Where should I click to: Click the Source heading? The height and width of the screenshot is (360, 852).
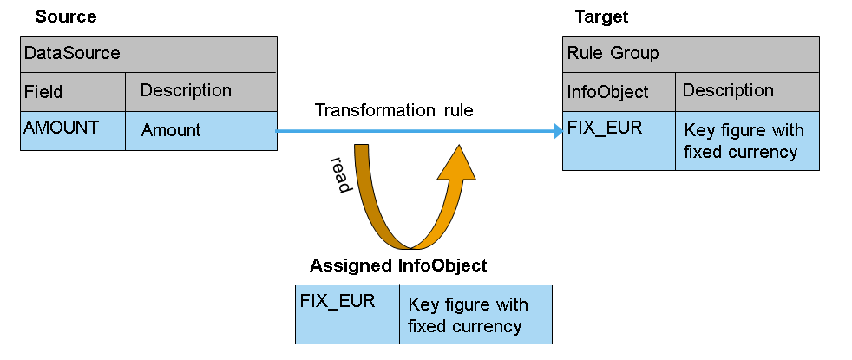pyautogui.click(x=66, y=16)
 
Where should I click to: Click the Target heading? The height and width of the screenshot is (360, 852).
pyautogui.click(x=601, y=16)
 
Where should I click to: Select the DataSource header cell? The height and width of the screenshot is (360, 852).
pyautogui.click(x=148, y=54)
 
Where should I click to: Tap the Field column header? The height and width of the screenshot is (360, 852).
pyautogui.click(x=73, y=91)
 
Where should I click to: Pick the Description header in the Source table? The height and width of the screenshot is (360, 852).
pyautogui.click(x=201, y=91)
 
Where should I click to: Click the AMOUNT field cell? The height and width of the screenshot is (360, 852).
pyautogui.click(x=73, y=130)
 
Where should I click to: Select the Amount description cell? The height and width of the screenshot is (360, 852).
pyautogui.click(x=201, y=130)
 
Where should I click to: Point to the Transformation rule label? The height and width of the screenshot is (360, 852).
pyautogui.click(x=394, y=110)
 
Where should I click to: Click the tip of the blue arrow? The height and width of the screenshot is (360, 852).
pyautogui.click(x=560, y=131)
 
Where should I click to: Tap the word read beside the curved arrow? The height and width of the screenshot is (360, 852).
pyautogui.click(x=338, y=174)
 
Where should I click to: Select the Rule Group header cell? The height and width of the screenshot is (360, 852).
pyautogui.click(x=691, y=54)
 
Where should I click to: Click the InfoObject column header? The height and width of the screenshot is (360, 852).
pyautogui.click(x=619, y=91)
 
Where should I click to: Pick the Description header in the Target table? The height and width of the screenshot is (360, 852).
pyautogui.click(x=747, y=91)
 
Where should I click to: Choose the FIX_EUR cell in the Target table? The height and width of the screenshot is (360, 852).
pyautogui.click(x=619, y=141)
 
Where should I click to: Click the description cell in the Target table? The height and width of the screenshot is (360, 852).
pyautogui.click(x=747, y=141)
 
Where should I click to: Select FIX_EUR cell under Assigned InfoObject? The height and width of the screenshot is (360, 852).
pyautogui.click(x=347, y=313)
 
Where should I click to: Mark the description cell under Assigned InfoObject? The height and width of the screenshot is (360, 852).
pyautogui.click(x=475, y=313)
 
